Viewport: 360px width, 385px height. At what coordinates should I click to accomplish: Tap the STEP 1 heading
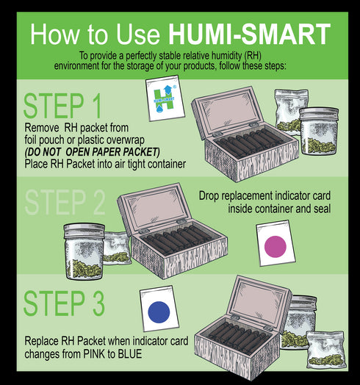coord(64,107)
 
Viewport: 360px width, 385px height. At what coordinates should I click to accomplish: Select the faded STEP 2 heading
coord(64,204)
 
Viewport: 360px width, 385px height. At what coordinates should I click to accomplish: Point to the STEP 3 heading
coord(64,303)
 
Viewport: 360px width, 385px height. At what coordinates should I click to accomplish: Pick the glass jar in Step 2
coord(81,248)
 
